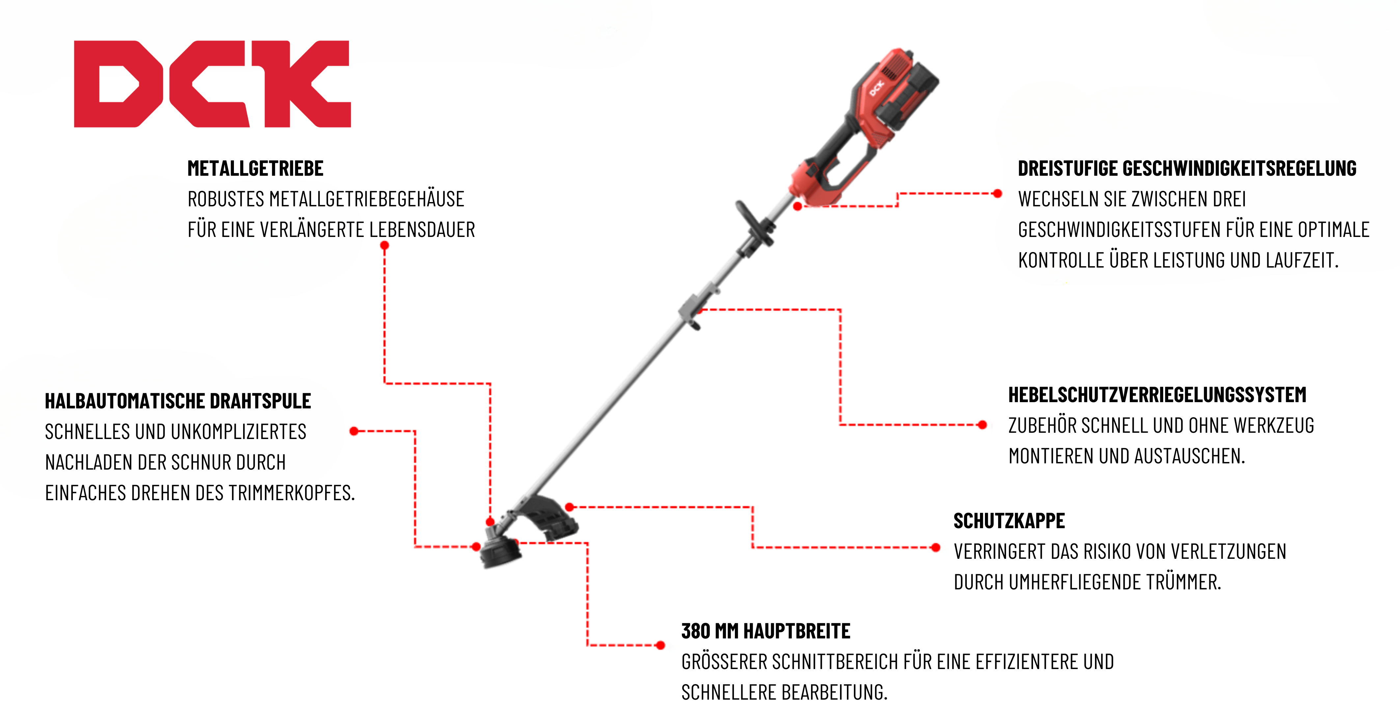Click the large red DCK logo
212,84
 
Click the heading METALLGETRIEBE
255,168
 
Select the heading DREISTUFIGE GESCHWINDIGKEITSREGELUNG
1187,168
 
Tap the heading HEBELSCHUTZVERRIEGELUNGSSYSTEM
1157,395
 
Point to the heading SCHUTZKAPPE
1009,521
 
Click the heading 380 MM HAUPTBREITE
766,631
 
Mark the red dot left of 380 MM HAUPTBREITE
660,645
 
